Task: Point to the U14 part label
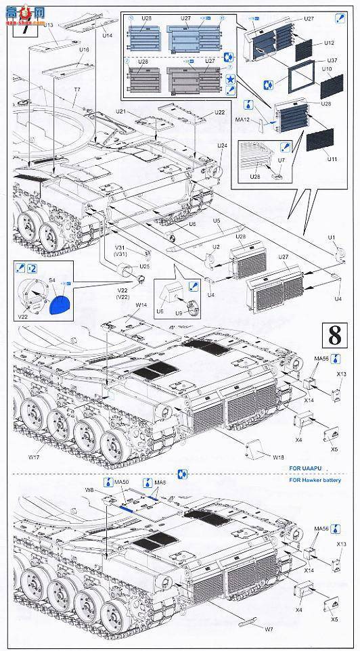pos(108,35)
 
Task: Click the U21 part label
pos(120,110)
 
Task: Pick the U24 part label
pos(222,145)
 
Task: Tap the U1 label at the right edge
pos(332,237)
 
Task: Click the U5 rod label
pos(217,221)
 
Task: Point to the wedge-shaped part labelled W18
pos(256,446)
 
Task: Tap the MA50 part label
pos(121,482)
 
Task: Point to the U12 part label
pos(329,43)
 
